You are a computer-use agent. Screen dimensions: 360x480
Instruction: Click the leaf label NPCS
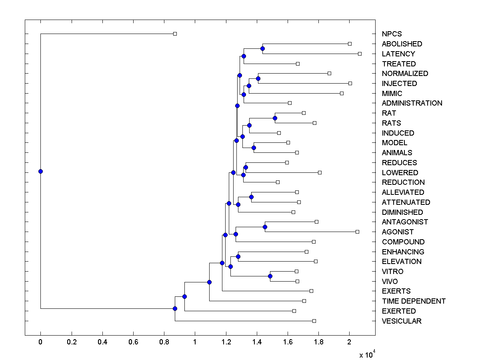pyautogui.click(x=392, y=34)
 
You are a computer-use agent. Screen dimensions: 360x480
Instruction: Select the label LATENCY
pyautogui.click(x=398, y=54)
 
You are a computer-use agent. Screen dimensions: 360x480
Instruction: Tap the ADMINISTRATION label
pyautogui.click(x=412, y=103)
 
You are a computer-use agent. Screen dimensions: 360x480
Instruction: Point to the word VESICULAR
pyautogui.click(x=402, y=321)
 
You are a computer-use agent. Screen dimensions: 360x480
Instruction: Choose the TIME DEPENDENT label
pyautogui.click(x=414, y=301)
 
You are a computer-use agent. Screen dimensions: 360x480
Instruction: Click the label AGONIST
pyautogui.click(x=398, y=232)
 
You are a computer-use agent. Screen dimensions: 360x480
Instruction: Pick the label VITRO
pyautogui.click(x=392, y=272)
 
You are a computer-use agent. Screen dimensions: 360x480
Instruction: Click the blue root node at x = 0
pyautogui.click(x=40, y=171)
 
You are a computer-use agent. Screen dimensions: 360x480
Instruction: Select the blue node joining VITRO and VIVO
pyautogui.click(x=270, y=276)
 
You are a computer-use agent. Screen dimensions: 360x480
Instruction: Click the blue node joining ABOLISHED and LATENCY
pyautogui.click(x=262, y=49)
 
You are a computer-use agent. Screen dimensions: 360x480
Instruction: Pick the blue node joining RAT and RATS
pyautogui.click(x=275, y=118)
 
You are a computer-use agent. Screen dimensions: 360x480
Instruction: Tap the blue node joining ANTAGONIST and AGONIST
pyautogui.click(x=265, y=227)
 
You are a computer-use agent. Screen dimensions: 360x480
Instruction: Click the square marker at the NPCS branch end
pyautogui.click(x=175, y=34)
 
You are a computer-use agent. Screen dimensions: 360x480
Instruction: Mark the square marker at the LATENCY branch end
pyautogui.click(x=360, y=54)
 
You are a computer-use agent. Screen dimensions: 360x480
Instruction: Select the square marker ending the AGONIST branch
pyautogui.click(x=357, y=232)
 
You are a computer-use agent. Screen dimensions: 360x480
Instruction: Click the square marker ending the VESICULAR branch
pyautogui.click(x=314, y=321)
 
